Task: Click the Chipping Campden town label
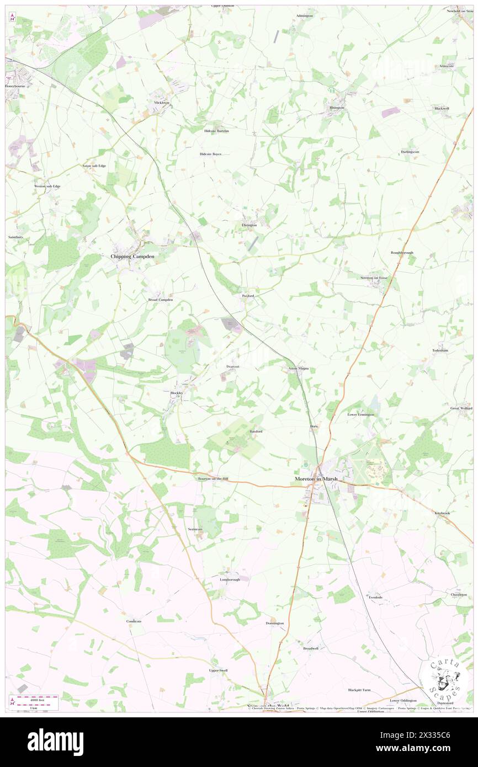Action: point(131,257)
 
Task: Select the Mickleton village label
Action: point(162,103)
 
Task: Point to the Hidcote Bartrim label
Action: point(216,131)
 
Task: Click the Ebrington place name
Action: point(249,225)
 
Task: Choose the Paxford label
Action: point(248,296)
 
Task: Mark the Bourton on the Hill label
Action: point(213,479)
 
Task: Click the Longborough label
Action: point(230,580)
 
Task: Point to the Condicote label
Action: point(134,621)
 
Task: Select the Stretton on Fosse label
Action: point(373,278)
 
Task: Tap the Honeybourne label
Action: point(15,87)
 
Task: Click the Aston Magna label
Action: point(299,368)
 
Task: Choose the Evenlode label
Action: point(375,597)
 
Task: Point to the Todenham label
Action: point(442,350)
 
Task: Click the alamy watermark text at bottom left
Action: point(55,742)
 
